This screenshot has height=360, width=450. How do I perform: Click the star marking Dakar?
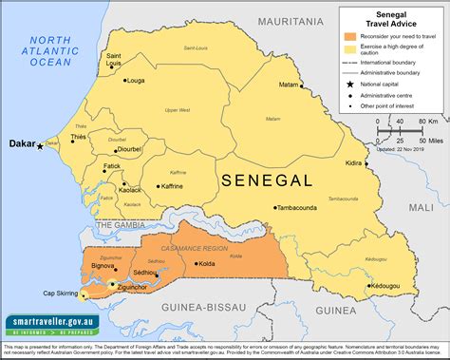point(41,145)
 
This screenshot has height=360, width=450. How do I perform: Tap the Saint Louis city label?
point(114,61)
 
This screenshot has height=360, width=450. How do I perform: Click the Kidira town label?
point(354,163)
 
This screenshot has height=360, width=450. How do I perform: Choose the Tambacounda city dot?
point(276,206)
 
